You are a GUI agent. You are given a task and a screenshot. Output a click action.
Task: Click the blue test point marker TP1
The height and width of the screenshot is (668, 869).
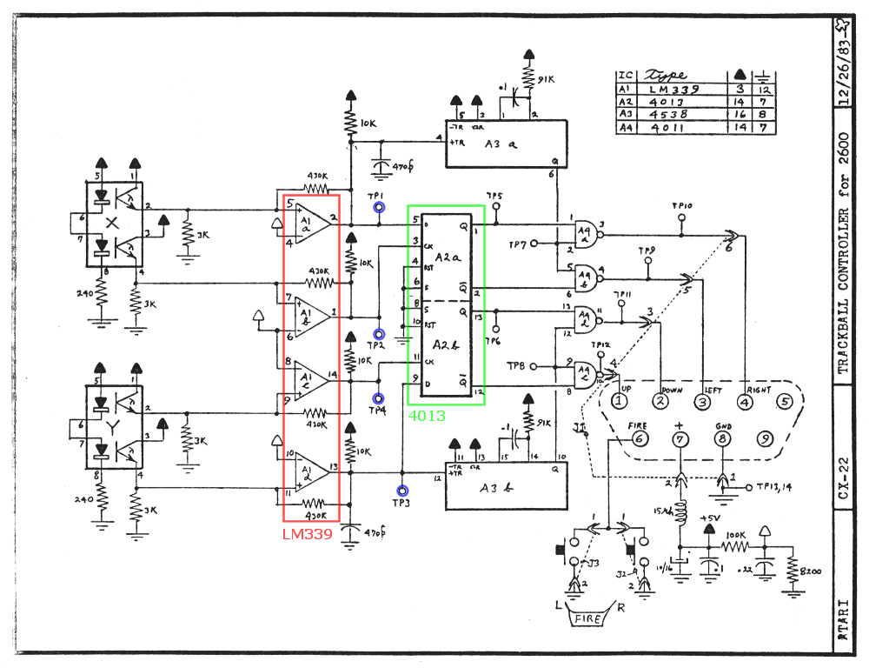(x=379, y=208)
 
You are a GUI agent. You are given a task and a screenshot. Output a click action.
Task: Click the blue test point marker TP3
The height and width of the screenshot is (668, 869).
(x=401, y=491)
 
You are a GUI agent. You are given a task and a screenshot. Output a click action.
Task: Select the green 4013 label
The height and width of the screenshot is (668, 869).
(x=427, y=416)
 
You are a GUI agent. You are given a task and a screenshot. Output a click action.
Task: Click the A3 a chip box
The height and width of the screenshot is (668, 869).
(x=505, y=144)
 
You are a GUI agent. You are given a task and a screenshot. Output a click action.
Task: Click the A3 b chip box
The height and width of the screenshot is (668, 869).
(x=505, y=486)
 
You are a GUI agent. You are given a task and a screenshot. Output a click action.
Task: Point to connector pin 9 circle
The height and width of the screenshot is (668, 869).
(x=765, y=440)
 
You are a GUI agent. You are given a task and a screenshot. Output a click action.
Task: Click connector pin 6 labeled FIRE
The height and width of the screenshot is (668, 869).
(x=639, y=439)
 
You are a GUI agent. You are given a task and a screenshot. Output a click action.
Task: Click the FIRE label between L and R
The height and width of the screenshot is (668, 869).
(x=589, y=618)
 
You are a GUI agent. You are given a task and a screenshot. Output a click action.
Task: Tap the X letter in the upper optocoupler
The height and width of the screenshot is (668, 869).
(x=110, y=223)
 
